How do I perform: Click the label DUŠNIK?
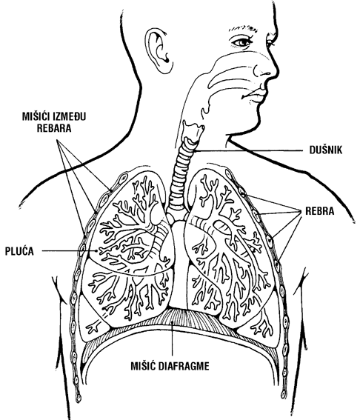click(326, 150)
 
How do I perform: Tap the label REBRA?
click(319, 211)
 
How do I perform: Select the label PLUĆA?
click(19, 251)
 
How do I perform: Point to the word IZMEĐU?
click(70, 116)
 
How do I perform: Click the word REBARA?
click(54, 128)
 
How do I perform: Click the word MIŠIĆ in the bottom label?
click(143, 366)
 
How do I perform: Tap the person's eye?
click(241, 42)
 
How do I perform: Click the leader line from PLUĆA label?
click(69, 251)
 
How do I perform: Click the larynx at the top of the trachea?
click(193, 131)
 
